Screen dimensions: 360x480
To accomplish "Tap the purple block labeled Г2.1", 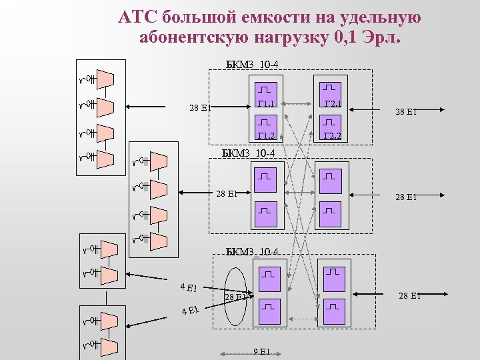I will pos(331,95).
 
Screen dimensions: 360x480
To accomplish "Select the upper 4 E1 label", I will pos(189,287).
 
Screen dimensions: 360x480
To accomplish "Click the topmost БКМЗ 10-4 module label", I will pos(253,65).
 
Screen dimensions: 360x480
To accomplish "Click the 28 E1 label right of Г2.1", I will pos(406,111).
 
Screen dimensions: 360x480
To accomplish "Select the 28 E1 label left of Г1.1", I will pos(200,107).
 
